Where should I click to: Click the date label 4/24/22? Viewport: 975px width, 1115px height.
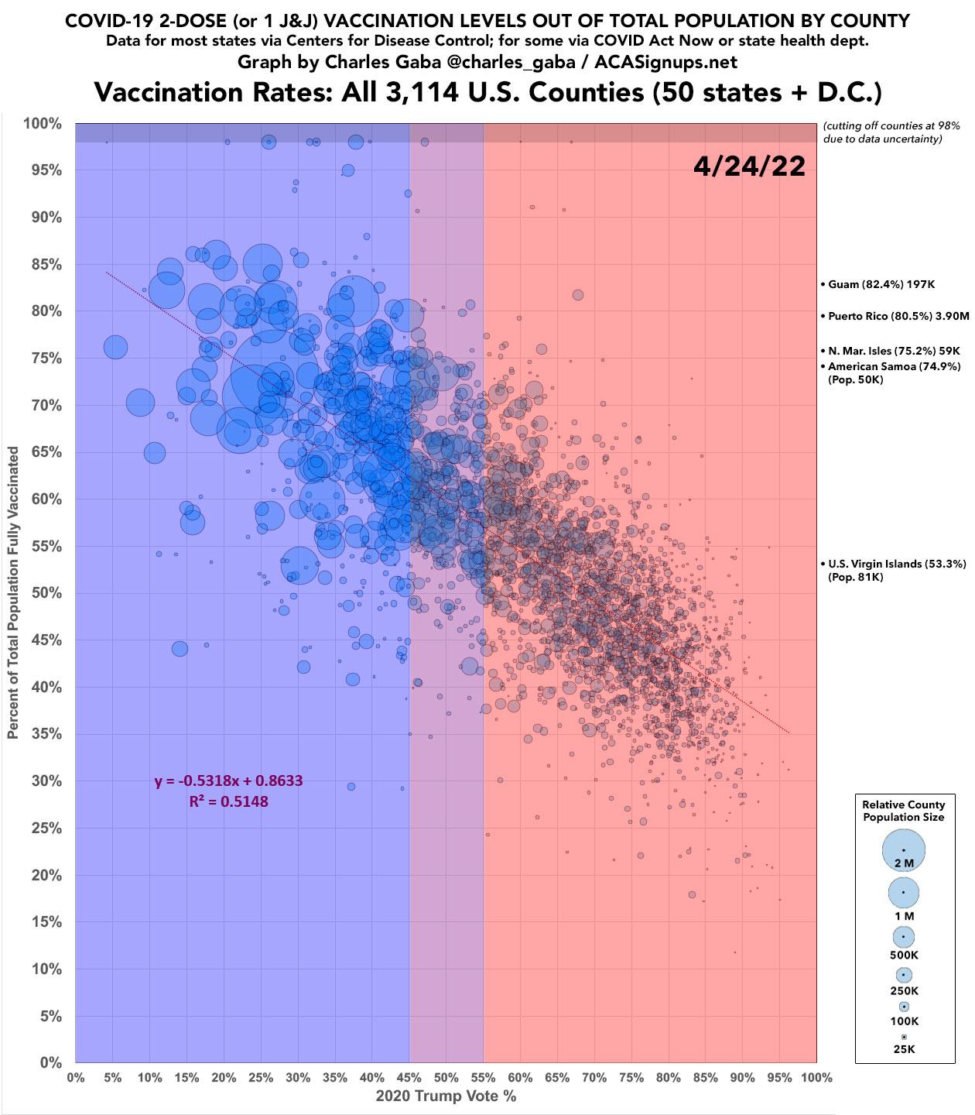(x=749, y=166)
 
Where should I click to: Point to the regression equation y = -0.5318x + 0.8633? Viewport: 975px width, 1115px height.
(x=228, y=780)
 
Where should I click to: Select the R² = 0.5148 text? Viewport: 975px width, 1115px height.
(x=228, y=801)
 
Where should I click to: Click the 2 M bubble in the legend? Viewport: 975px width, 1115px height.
(x=903, y=849)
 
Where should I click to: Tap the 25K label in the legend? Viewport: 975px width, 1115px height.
(x=903, y=1049)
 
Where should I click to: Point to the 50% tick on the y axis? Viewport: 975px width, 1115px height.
(x=46, y=593)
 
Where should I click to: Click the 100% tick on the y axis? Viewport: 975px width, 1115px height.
(x=43, y=124)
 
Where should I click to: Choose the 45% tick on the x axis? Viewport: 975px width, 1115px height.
(x=409, y=1077)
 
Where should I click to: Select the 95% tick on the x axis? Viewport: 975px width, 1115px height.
(x=778, y=1077)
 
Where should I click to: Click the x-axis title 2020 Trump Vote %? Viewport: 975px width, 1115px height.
(x=446, y=1096)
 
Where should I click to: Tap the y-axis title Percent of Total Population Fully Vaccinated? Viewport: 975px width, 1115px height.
(x=14, y=593)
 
